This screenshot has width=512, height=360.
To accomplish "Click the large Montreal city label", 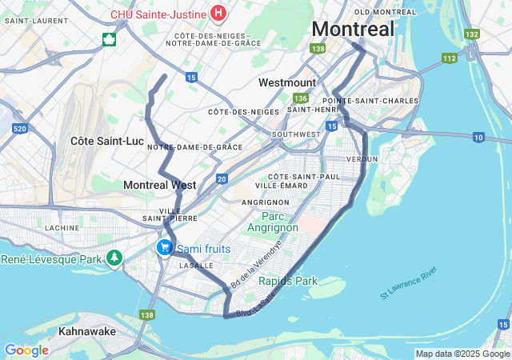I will [x=353, y=29].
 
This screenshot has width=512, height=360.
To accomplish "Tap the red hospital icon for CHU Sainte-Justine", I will [x=218, y=13].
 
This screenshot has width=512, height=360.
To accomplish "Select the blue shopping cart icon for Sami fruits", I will [x=164, y=248].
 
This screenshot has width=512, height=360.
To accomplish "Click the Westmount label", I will [x=287, y=82].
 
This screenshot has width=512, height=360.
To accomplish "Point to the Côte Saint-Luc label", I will [x=106, y=141].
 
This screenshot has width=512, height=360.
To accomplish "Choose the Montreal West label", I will [x=159, y=185].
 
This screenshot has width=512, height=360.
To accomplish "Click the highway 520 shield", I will [x=20, y=129].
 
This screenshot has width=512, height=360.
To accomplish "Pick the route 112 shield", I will [x=450, y=58].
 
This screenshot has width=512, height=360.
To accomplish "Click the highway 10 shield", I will [x=478, y=138].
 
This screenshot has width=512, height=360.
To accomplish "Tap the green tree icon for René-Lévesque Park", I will [x=115, y=258].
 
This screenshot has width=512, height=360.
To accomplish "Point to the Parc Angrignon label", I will [x=279, y=222].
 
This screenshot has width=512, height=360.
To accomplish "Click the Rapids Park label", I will [x=287, y=281].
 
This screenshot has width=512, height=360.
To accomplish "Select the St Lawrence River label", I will [x=409, y=284].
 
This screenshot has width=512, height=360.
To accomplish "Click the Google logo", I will [x=26, y=350].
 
